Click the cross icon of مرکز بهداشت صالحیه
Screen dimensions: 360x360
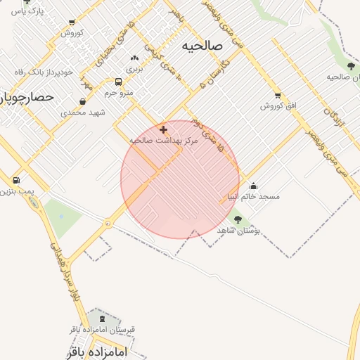(164, 129)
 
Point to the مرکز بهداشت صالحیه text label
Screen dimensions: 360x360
(164, 141)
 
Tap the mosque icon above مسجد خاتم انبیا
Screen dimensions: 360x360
(253, 186)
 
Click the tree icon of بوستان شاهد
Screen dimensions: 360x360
(238, 220)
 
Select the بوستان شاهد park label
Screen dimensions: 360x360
(239, 231)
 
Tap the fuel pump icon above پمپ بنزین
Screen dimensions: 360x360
(16, 181)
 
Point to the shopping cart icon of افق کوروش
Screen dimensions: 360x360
(278, 96)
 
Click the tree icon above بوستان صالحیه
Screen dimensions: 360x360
(351, 66)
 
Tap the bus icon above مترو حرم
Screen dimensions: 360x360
(118, 82)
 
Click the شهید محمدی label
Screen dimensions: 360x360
(82, 112)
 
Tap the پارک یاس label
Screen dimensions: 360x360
(27, 12)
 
